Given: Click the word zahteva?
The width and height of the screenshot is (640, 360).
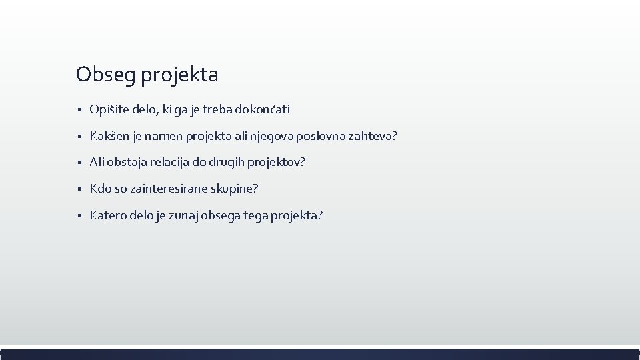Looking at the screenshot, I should point(373,136).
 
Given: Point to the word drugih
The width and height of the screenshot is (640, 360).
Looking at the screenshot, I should point(227,163).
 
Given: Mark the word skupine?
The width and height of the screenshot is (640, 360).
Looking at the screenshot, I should point(234,189).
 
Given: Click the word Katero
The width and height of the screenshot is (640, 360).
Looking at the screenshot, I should point(107,216).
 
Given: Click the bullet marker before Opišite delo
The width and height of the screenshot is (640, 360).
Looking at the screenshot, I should point(79,110).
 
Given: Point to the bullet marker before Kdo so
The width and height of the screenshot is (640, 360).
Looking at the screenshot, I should point(79,190).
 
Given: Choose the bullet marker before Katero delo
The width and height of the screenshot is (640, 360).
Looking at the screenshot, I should point(79,217).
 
